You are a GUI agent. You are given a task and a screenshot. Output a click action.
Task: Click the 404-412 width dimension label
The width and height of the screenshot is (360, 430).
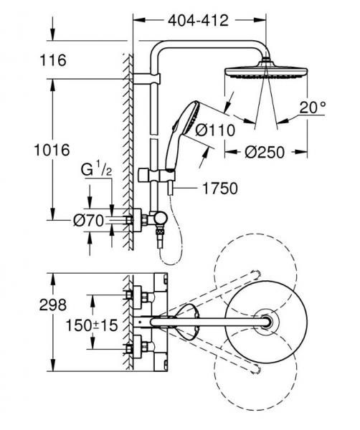pos(199,21)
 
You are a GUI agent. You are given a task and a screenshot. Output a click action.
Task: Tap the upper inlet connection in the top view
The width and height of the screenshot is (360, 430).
pos(134,294)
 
